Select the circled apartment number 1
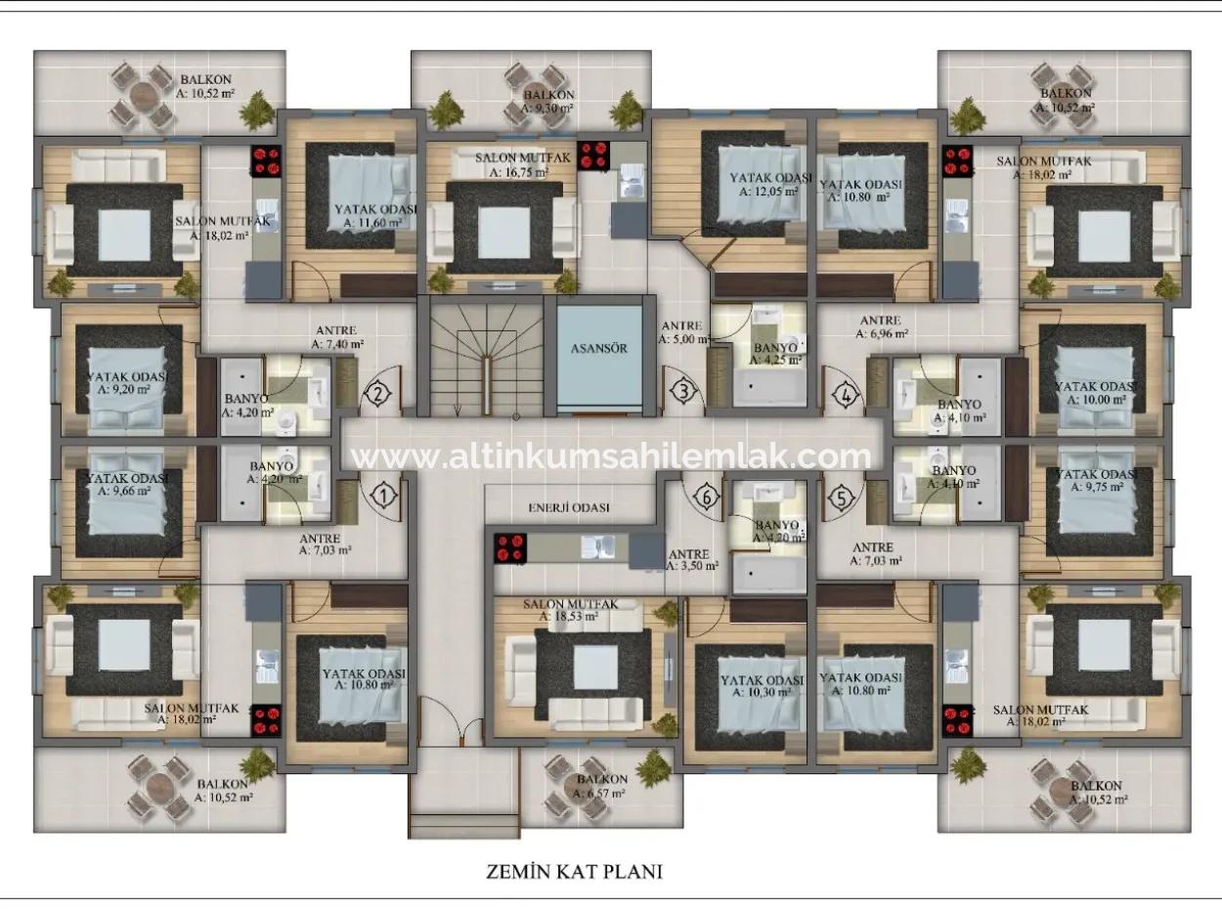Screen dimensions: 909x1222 click(x=384, y=496)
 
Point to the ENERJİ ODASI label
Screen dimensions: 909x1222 click(x=568, y=508)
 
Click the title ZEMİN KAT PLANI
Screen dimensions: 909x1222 click(x=574, y=871)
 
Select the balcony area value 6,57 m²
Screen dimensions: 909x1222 click(x=600, y=793)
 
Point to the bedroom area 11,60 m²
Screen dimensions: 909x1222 click(x=372, y=223)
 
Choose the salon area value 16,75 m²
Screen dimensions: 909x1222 click(x=518, y=172)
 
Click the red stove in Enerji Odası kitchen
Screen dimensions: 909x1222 click(x=509, y=548)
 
